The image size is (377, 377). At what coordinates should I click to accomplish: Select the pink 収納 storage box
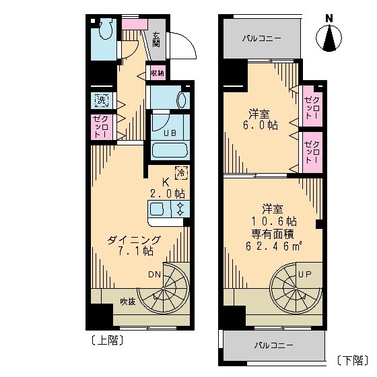[157, 73]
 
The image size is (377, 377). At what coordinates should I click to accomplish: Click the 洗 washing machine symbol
[102, 102]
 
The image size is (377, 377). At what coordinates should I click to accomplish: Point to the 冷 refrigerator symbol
[180, 173]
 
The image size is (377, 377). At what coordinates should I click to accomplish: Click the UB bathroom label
[170, 133]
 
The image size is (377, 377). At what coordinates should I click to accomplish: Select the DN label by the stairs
[154, 275]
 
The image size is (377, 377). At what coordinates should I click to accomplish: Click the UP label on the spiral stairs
[304, 275]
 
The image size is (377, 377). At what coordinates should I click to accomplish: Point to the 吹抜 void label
[128, 301]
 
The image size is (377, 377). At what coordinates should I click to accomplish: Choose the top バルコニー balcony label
[263, 38]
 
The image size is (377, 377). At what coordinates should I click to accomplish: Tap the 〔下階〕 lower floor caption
[350, 358]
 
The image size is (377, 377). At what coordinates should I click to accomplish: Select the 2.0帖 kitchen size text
[168, 193]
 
